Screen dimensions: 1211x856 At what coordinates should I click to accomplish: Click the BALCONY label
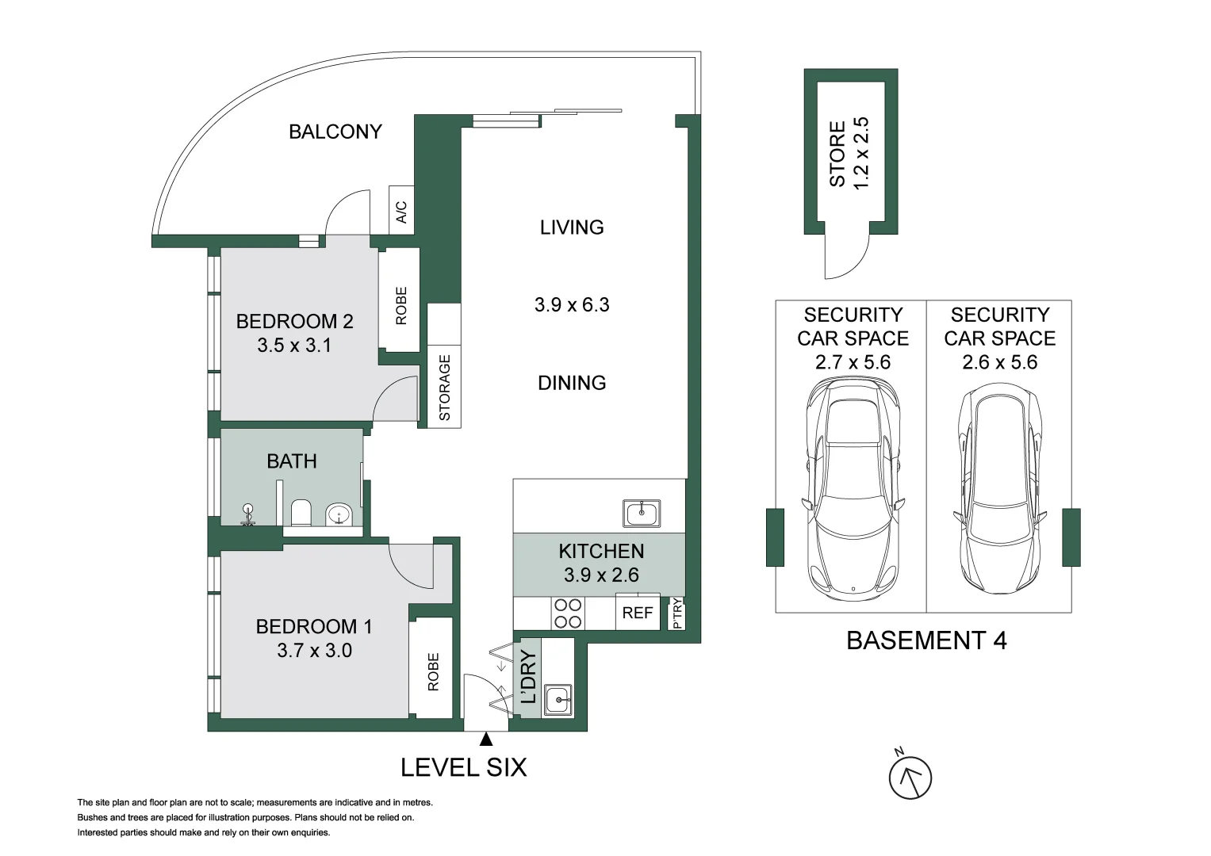(335, 132)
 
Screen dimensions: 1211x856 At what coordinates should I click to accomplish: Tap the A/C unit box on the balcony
(401, 210)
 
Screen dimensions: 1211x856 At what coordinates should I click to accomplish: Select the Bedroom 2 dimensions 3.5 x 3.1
(294, 345)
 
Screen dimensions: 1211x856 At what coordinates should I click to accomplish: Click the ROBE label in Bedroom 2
(400, 306)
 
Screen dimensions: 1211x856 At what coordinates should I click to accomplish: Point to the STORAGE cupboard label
(444, 388)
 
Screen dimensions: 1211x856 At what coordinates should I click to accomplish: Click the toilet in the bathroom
(301, 513)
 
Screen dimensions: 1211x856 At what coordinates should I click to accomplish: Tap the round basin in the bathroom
(339, 514)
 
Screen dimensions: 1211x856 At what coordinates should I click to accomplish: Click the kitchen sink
(641, 513)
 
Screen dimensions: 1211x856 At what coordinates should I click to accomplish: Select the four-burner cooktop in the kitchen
(568, 613)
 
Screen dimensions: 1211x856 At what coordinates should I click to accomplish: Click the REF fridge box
(638, 613)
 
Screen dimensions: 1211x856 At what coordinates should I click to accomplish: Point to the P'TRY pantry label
(676, 613)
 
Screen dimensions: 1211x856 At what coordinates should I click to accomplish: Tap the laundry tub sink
(558, 701)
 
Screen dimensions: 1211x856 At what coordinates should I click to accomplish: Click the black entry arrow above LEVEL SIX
(486, 739)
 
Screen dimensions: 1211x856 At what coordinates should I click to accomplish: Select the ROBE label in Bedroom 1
(433, 672)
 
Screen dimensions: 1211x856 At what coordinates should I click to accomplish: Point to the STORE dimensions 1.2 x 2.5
(860, 154)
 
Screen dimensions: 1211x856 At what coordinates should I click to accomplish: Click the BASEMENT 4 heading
(926, 641)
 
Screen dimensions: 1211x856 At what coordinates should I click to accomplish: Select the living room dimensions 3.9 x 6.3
(572, 305)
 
